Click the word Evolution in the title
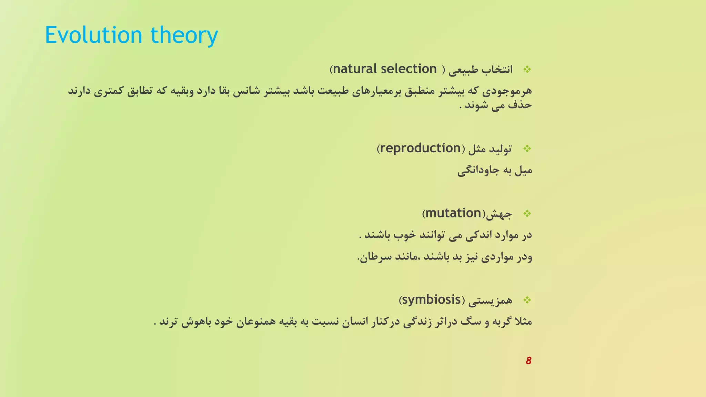pos(93,35)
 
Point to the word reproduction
pos(420,149)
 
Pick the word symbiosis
pos(431,300)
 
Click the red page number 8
pos(528,361)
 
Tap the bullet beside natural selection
pos(527,70)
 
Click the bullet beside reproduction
pos(527,149)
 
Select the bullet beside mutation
pos(527,214)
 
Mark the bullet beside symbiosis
pos(527,301)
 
